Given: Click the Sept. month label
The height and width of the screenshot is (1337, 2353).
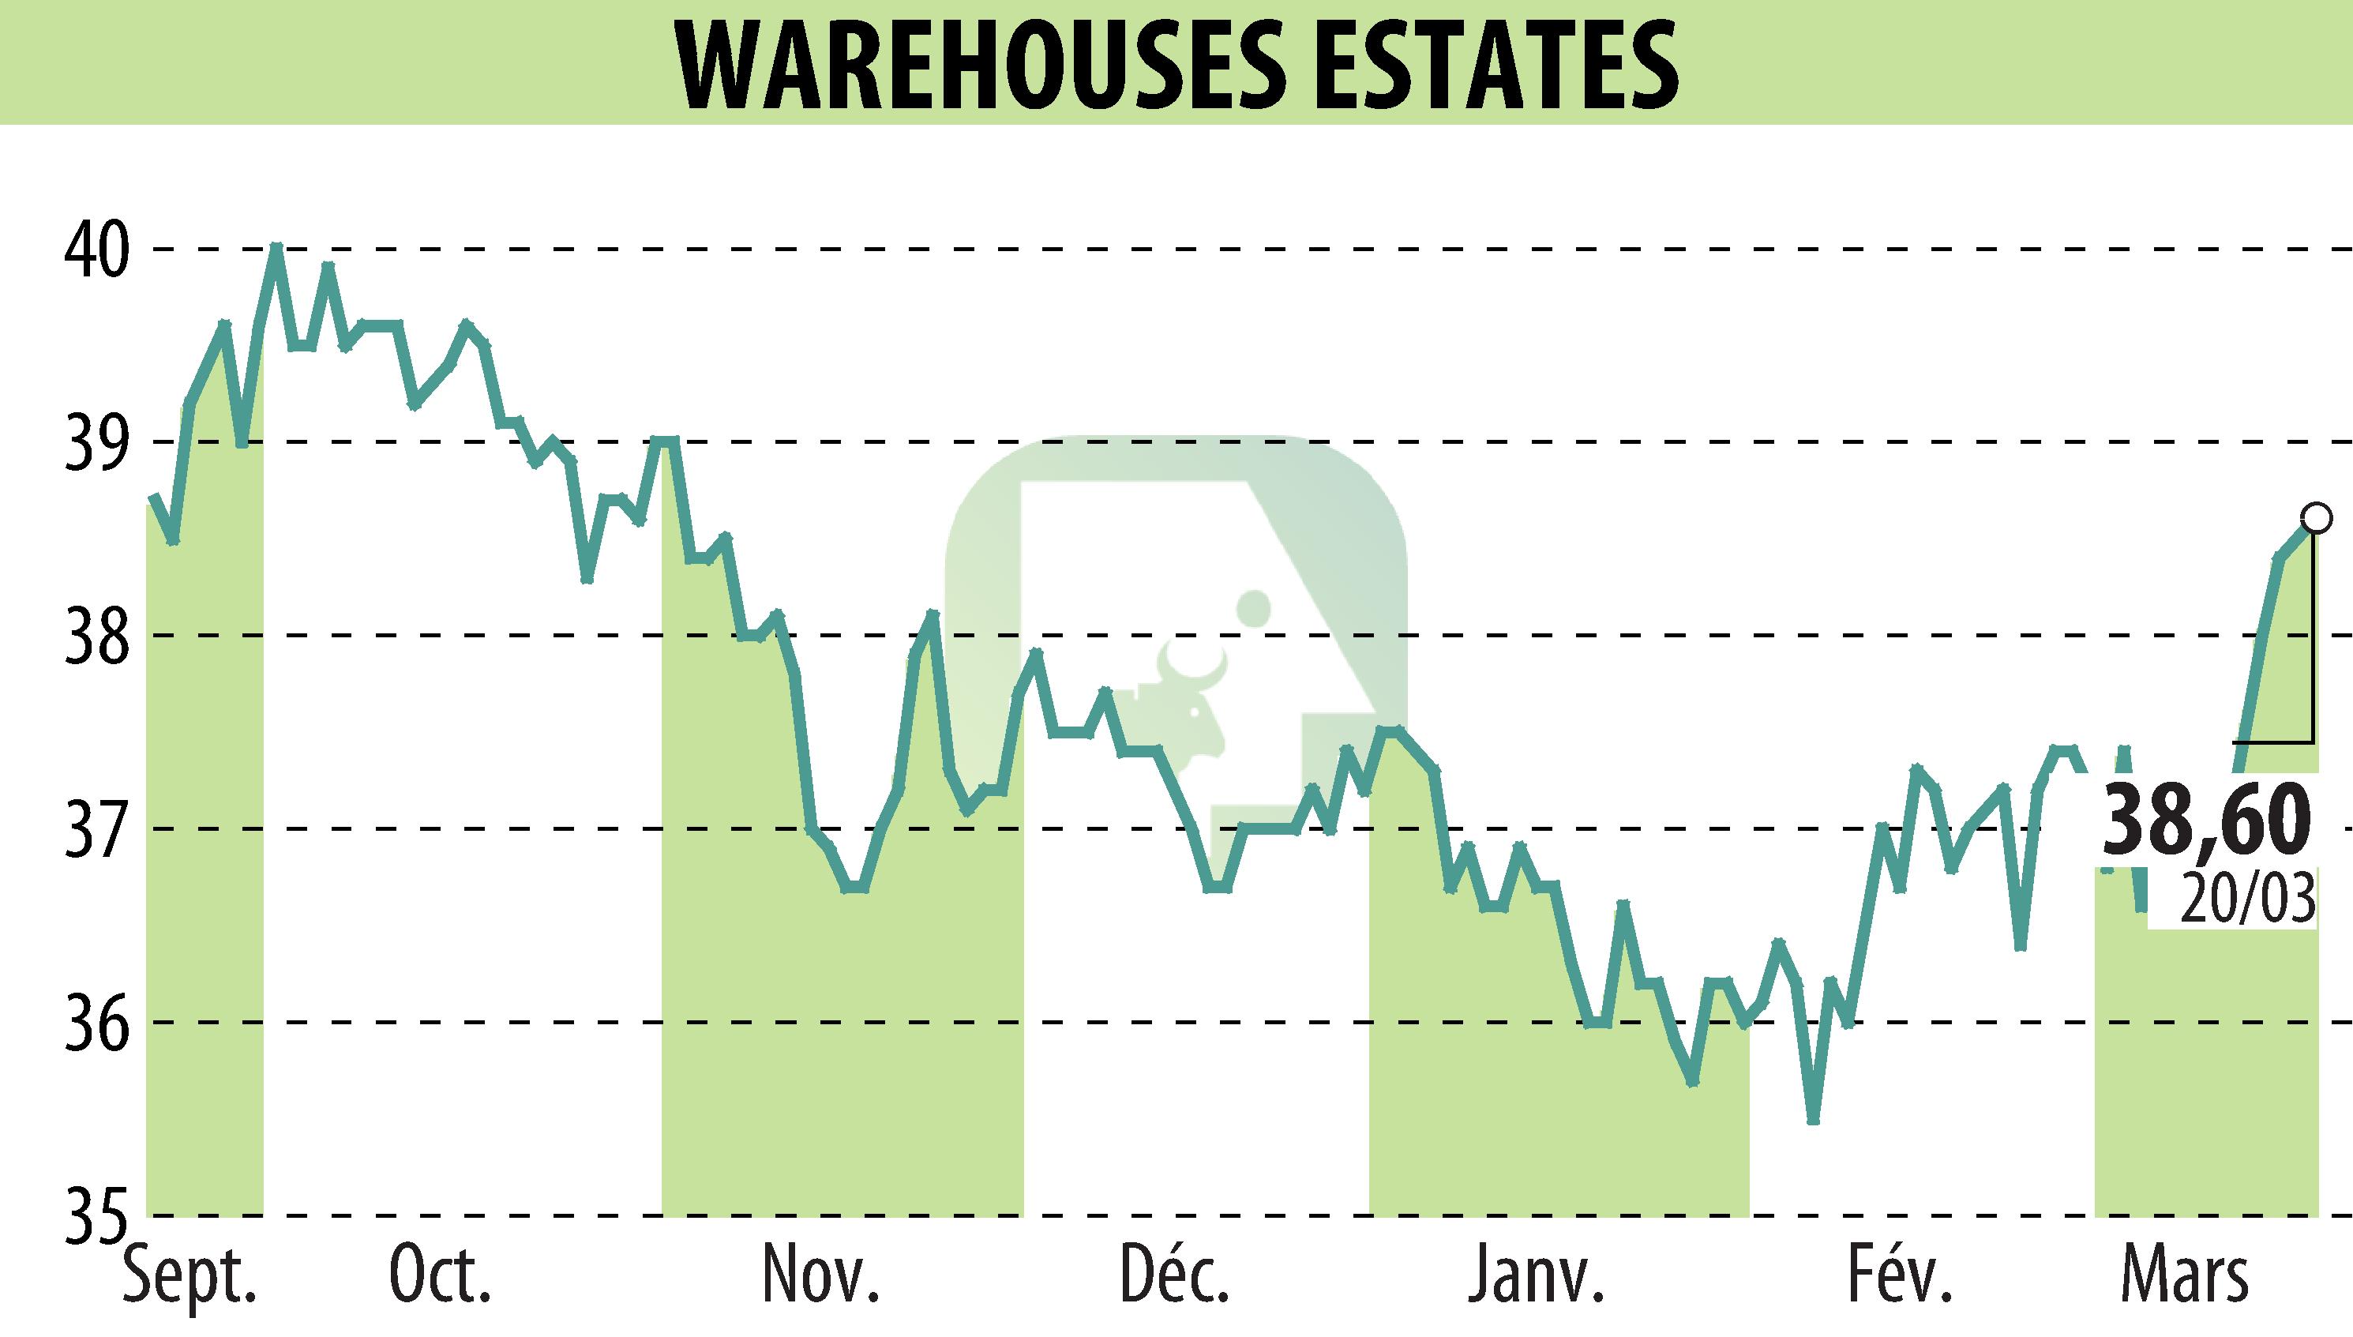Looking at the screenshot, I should click(x=190, y=1280).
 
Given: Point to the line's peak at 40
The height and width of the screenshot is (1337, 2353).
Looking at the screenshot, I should click(x=276, y=248).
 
